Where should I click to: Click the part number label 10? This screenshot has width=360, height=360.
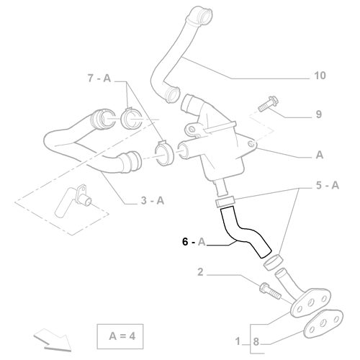point(320,76)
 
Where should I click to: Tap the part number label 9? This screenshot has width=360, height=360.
point(318,114)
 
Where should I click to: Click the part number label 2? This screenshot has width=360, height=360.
point(202,273)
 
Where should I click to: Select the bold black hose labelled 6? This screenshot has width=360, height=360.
point(243,232)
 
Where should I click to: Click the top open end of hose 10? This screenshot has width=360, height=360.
point(198,12)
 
